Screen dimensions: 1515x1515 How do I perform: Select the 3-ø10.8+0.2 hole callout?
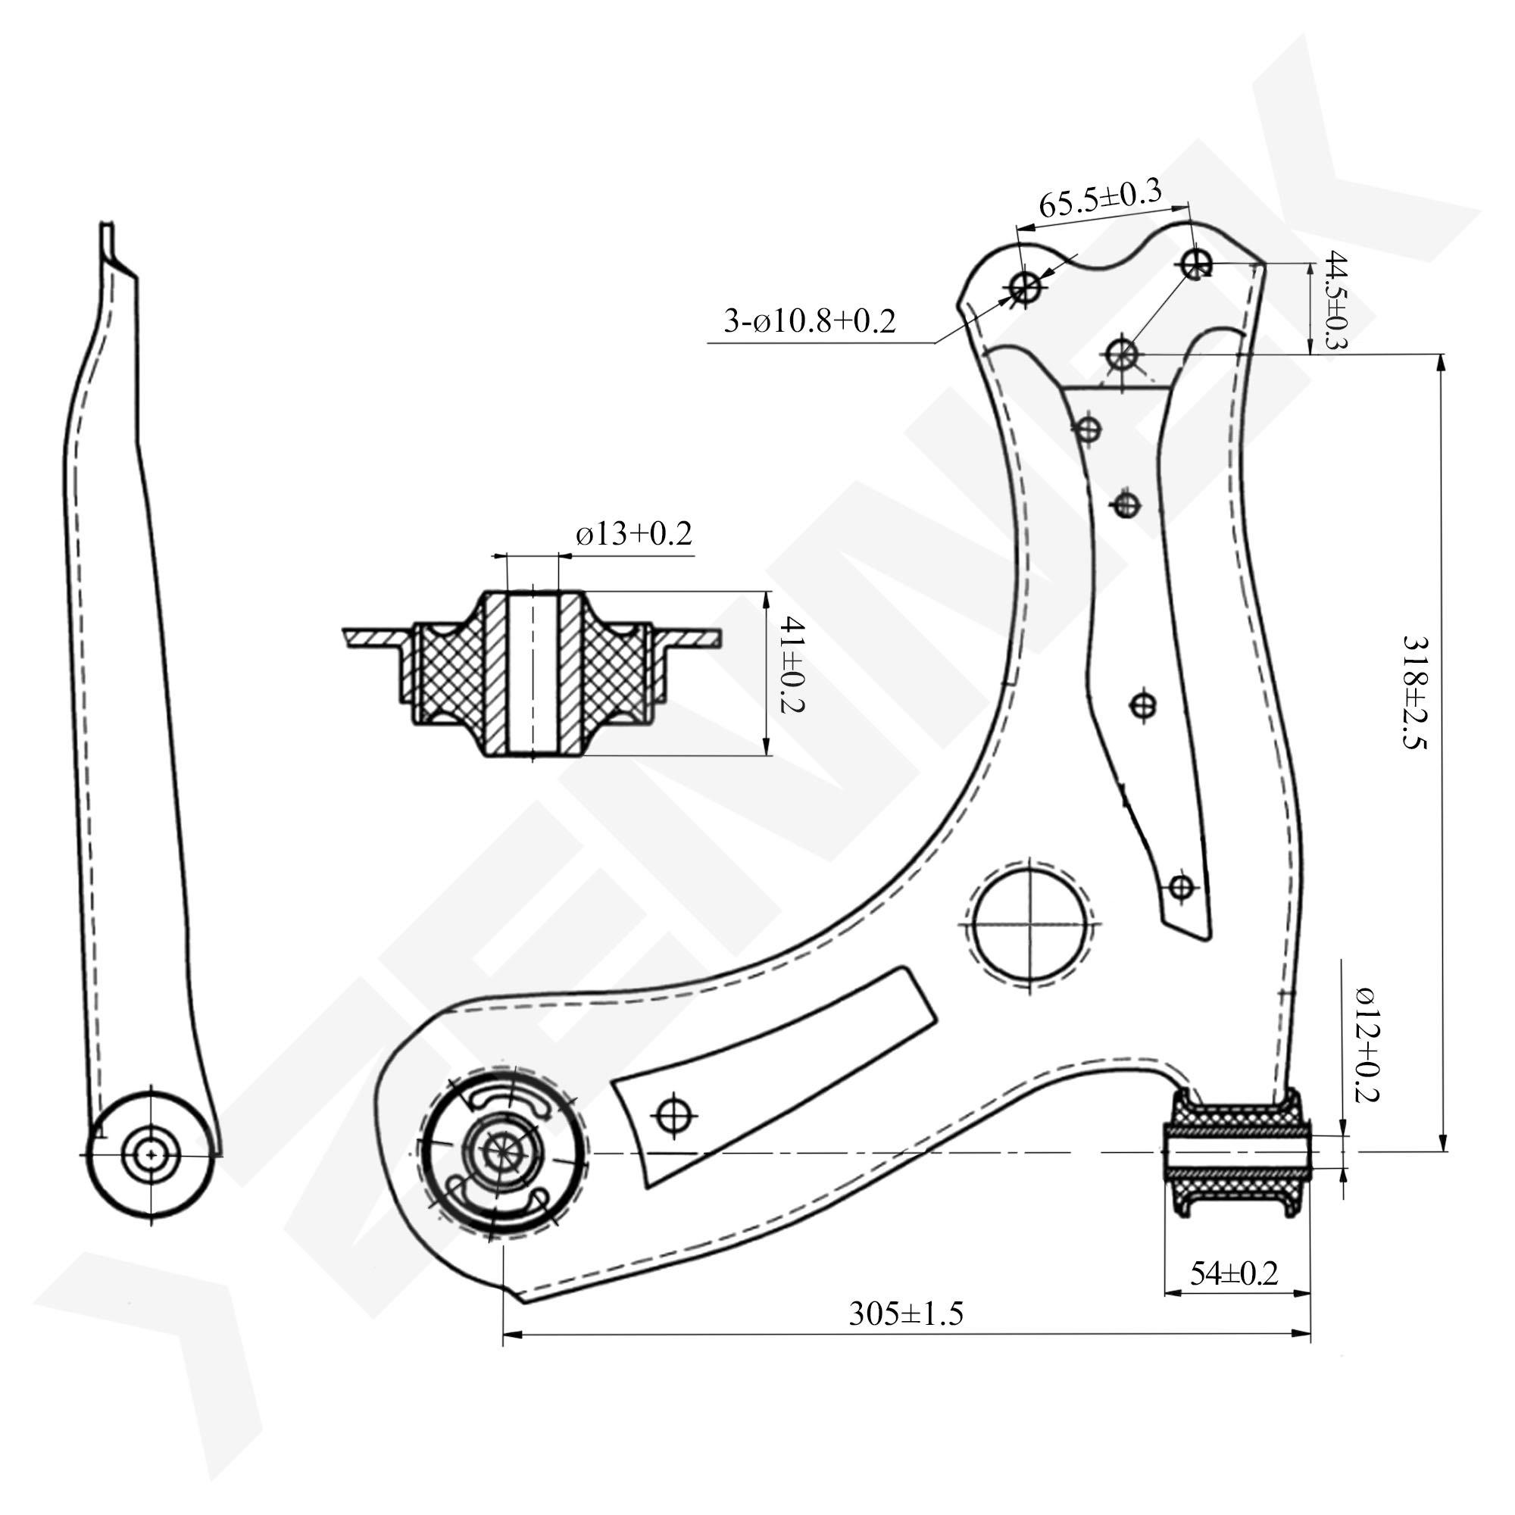(809, 320)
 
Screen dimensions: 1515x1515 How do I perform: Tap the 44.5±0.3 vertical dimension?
(1334, 301)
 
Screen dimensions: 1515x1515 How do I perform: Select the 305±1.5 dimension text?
(906, 1313)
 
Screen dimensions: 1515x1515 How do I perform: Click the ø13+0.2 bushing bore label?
(633, 534)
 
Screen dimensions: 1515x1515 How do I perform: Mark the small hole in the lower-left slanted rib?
(675, 1116)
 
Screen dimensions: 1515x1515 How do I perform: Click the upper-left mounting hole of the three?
(1025, 288)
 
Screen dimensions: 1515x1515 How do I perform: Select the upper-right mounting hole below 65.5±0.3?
(1197, 264)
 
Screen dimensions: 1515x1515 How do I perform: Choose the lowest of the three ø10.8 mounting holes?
(1122, 355)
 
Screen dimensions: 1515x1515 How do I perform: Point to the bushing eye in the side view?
(150, 1154)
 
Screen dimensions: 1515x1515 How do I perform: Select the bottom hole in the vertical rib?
(1181, 888)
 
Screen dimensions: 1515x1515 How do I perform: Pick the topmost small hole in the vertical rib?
(1088, 429)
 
